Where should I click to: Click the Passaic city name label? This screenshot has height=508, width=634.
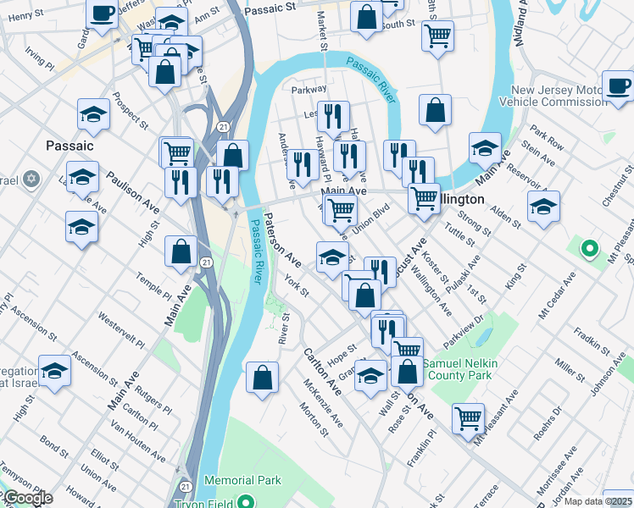click(x=70, y=146)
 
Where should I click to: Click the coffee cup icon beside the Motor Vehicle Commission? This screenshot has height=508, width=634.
click(x=617, y=86)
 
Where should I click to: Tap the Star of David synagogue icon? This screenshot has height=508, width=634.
click(x=32, y=180)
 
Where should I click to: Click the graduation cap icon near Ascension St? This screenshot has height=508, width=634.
click(x=55, y=372)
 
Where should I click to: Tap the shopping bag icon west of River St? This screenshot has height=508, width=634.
click(x=263, y=378)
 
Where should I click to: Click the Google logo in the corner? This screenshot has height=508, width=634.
click(x=27, y=498)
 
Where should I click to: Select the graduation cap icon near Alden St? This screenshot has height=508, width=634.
click(x=543, y=206)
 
